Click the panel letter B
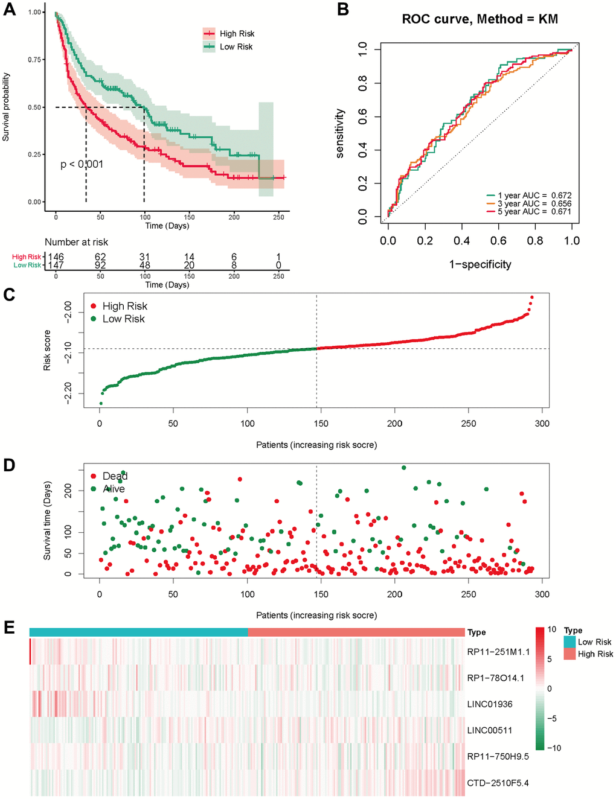343,10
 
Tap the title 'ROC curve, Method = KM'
480,19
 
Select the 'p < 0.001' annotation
82,164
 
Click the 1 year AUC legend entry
528,196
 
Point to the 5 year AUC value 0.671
561,212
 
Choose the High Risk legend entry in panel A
229,34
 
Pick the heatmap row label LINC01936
490,704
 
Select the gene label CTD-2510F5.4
498,783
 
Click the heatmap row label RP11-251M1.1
498,652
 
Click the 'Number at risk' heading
77,242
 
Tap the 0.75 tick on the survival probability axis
35,60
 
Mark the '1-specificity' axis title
480,264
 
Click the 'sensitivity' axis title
340,133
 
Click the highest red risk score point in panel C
531,297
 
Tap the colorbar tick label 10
552,629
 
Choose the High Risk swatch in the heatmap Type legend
570,654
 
